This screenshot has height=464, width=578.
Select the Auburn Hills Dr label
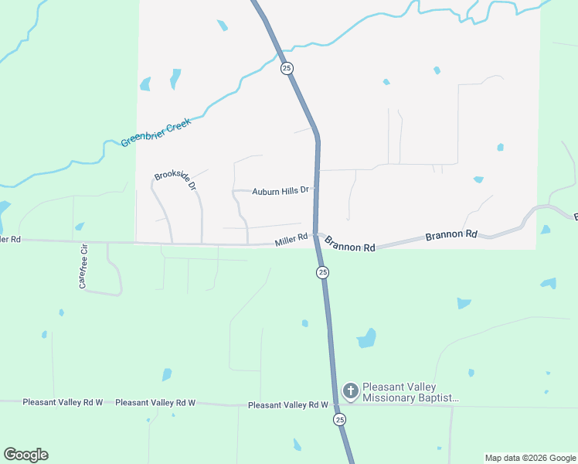click(x=280, y=189)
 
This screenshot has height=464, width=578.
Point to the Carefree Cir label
click(x=84, y=267)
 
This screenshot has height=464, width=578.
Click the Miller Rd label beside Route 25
click(x=291, y=241)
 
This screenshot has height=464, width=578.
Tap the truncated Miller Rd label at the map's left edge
click(x=10, y=240)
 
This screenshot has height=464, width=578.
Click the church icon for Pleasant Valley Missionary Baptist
click(x=351, y=392)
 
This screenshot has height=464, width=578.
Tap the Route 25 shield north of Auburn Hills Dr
click(x=287, y=69)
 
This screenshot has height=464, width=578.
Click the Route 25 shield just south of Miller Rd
click(x=322, y=272)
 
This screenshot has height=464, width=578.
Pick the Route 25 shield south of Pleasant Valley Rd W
click(x=340, y=419)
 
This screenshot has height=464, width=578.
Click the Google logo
click(x=25, y=455)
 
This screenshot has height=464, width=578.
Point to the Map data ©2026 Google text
click(x=530, y=458)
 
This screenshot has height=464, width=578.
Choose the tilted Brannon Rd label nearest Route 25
click(x=350, y=244)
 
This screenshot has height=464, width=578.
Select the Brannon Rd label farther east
click(x=452, y=234)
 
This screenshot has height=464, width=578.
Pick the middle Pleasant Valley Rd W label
click(x=155, y=403)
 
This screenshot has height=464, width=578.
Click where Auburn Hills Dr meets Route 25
click(x=316, y=190)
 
